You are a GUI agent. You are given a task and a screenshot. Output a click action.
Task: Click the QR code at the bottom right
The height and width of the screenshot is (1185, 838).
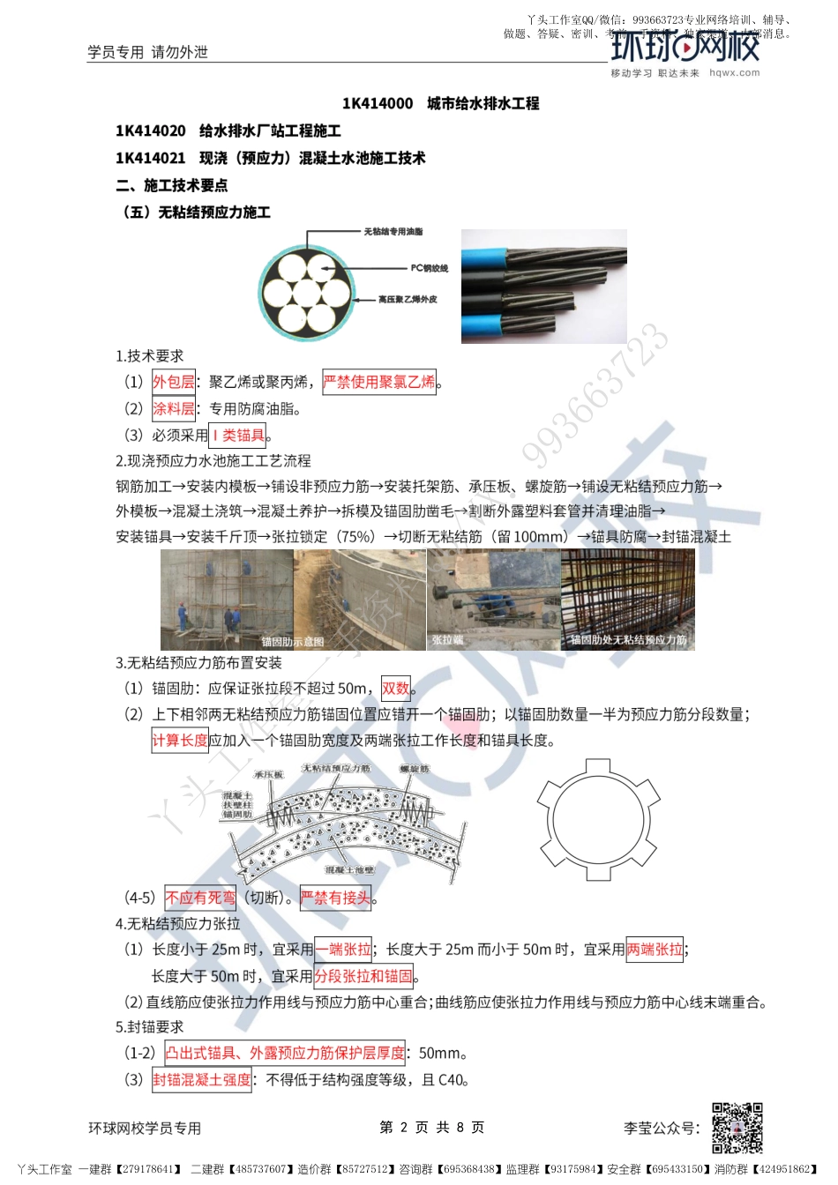[737, 1128]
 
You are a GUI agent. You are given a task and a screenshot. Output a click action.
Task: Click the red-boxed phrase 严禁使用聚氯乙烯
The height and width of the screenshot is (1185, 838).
[379, 382]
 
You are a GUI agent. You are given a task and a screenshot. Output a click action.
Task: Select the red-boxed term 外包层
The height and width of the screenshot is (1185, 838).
[174, 382]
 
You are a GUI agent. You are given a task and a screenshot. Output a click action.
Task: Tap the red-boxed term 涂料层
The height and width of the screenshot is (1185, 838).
[174, 408]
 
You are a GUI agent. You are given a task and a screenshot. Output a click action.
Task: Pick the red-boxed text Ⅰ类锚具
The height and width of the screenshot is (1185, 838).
[238, 435]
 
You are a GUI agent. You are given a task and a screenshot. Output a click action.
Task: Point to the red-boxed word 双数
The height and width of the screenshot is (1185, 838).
[396, 689]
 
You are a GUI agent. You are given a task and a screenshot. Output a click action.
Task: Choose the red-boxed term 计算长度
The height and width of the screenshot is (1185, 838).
[180, 740]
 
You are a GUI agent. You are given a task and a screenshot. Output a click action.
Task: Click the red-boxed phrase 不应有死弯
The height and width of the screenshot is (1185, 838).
[200, 898]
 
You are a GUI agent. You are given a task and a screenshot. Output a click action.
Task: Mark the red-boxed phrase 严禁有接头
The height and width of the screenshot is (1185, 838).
[336, 898]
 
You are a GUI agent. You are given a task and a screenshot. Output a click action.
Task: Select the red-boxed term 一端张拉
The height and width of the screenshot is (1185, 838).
[343, 950]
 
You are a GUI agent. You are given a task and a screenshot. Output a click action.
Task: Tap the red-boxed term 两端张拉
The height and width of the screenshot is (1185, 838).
[655, 950]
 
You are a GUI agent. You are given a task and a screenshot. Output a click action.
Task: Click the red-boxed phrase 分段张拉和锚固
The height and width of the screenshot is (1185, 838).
[363, 976]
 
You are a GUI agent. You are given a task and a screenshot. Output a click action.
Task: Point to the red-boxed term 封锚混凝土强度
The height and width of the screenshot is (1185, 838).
[202, 1079]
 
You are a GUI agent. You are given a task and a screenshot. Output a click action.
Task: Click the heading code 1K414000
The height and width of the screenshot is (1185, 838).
[378, 103]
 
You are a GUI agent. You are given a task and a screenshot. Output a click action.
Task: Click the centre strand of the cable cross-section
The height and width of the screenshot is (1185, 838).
[307, 292]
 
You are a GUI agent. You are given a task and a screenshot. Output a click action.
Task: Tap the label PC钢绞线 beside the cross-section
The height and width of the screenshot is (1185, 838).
[430, 268]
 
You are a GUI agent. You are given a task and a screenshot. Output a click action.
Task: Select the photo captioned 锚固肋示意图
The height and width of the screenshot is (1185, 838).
[227, 600]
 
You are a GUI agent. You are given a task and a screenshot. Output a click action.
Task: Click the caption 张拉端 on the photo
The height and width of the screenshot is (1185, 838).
[447, 640]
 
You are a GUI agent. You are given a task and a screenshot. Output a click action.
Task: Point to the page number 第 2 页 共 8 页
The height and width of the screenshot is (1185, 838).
[431, 1127]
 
